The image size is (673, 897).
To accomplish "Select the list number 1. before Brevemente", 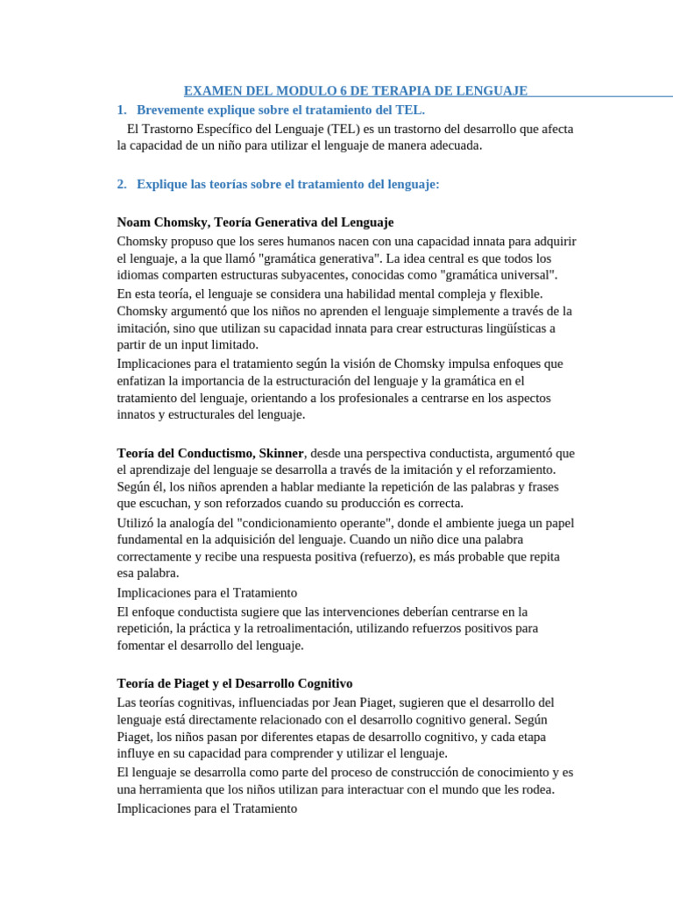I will [122, 109].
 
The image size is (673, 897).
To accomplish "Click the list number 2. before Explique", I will [122, 184].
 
